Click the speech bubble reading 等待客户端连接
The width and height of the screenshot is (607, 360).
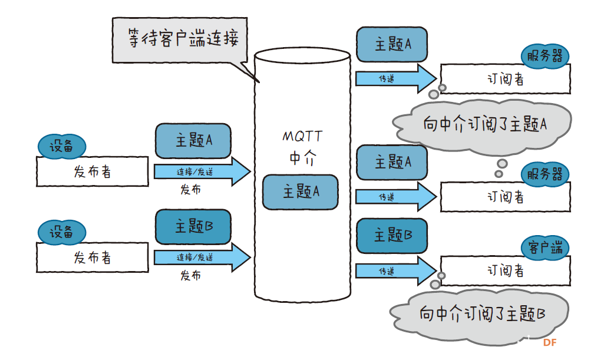pos(180,39)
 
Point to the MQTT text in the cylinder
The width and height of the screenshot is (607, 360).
pos(302,137)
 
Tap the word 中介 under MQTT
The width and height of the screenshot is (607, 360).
pos(302,158)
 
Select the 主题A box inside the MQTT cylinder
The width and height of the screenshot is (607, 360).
pos(301,192)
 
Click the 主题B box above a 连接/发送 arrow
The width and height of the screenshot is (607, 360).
pos(193,227)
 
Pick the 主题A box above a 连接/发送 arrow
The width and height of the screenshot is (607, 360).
pos(193,141)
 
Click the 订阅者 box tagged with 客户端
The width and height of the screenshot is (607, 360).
pos(505,270)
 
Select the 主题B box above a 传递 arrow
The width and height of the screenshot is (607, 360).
pos(392,235)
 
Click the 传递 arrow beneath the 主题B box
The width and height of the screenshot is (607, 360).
pos(394,271)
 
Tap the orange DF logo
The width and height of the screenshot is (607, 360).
pos(550,342)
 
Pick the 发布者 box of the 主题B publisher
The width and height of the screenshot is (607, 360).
pos(93,257)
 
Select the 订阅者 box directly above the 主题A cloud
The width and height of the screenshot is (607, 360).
pos(505,79)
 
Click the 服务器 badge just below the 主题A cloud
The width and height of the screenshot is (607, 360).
pos(546,174)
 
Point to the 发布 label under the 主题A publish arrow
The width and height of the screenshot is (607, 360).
pos(190,190)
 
